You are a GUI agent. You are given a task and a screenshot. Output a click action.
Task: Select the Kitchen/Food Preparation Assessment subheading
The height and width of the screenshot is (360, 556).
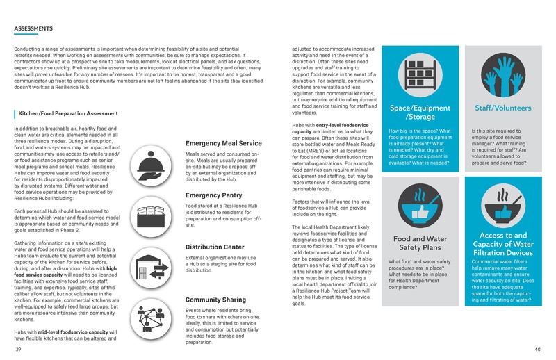(68, 113)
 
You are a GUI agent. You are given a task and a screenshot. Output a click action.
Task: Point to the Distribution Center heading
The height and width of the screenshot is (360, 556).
(214, 247)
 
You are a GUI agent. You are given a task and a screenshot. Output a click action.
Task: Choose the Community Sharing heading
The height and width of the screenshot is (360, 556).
(216, 300)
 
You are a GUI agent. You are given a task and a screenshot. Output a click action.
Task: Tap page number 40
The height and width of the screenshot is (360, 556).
(537, 349)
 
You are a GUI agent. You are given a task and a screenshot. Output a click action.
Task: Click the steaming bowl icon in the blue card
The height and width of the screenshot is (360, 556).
(502, 202)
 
